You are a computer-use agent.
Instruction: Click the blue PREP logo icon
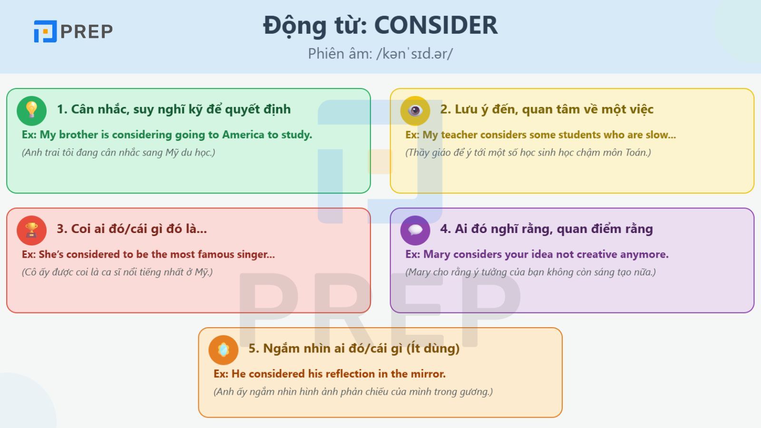click(x=45, y=31)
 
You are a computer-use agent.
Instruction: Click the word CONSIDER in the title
click(x=436, y=25)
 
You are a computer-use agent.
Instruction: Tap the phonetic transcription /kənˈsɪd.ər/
click(x=414, y=54)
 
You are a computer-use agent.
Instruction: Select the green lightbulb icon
click(x=31, y=111)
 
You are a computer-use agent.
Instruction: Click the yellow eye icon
click(x=415, y=111)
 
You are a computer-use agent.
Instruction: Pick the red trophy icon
click(x=31, y=230)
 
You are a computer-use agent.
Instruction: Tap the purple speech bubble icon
click(x=415, y=230)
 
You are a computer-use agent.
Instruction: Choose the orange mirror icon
click(x=223, y=350)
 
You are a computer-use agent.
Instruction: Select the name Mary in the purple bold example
click(x=437, y=254)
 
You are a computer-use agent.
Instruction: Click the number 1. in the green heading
click(x=62, y=109)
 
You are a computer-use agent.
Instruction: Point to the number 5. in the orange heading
click(x=254, y=349)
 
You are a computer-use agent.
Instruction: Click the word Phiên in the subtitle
click(x=323, y=54)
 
